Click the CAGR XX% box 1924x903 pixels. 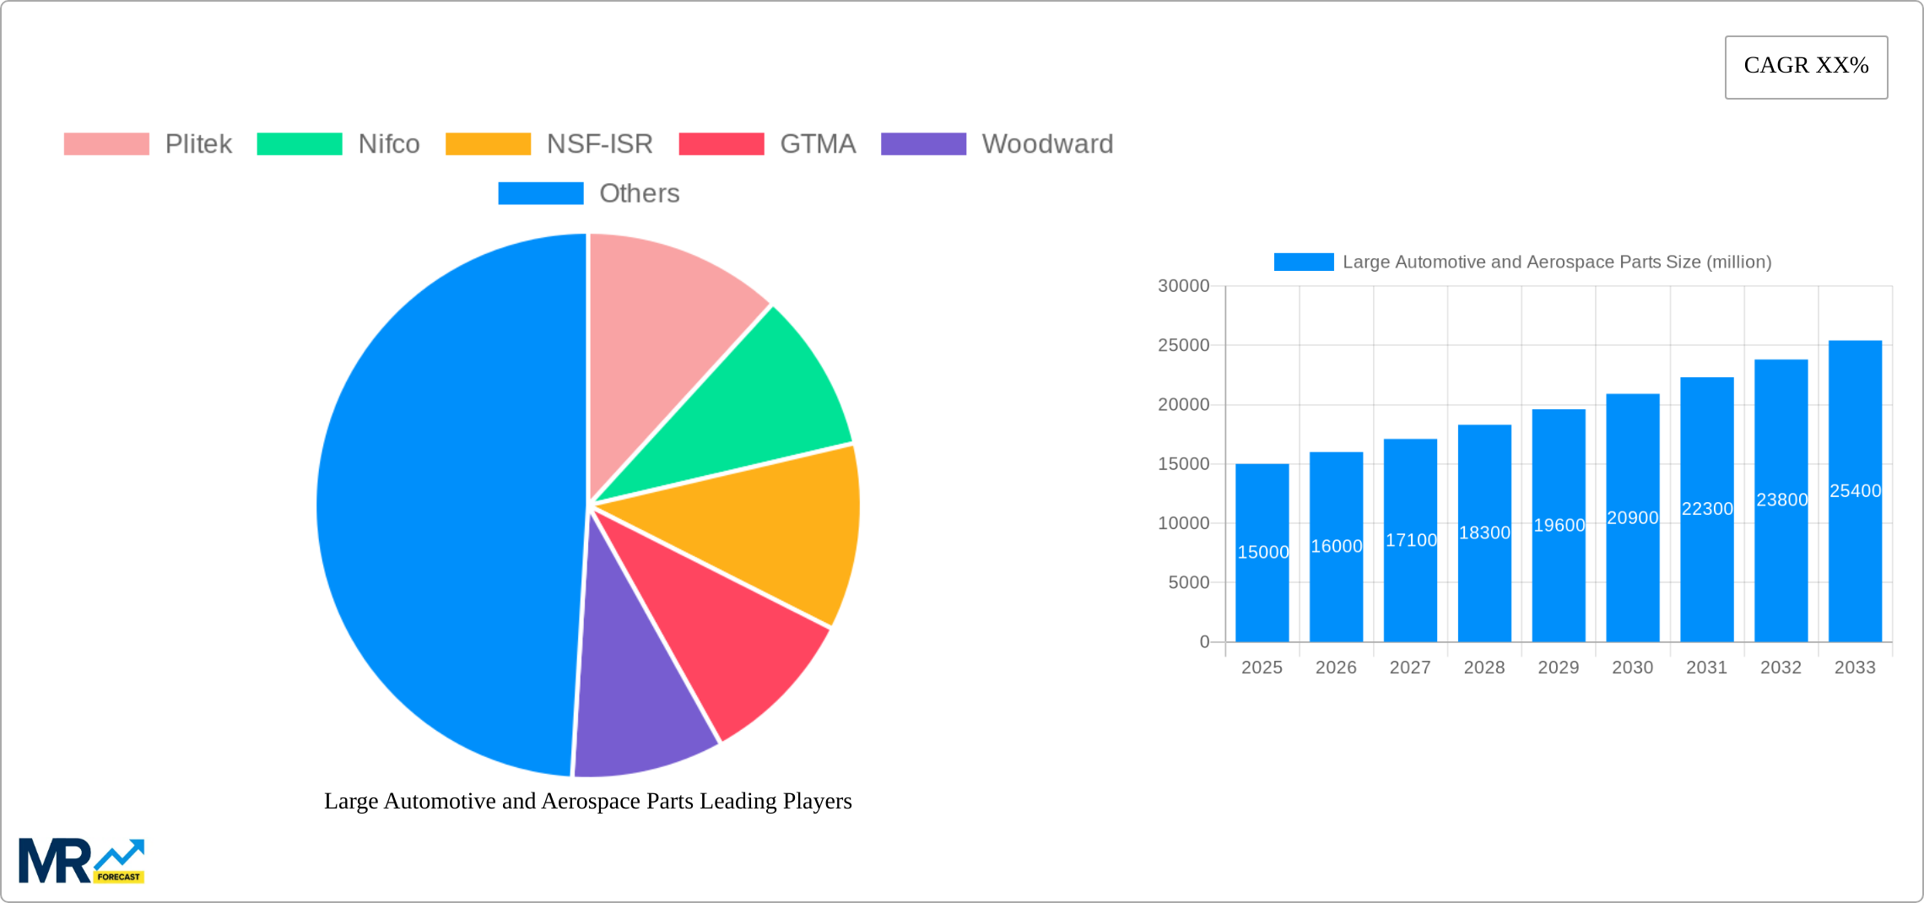pyautogui.click(x=1806, y=67)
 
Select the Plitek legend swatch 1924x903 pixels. pyautogui.click(x=106, y=144)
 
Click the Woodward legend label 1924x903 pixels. pyautogui.click(x=1047, y=144)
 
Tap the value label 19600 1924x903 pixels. pyautogui.click(x=1559, y=525)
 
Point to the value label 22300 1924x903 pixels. pyautogui.click(x=1707, y=509)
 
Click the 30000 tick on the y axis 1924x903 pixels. pyautogui.click(x=1183, y=286)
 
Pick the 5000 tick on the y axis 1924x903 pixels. pyautogui.click(x=1188, y=582)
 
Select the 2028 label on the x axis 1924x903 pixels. pyautogui.click(x=1484, y=668)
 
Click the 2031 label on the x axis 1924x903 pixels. pyautogui.click(x=1706, y=668)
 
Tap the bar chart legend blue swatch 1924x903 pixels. pyautogui.click(x=1303, y=262)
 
